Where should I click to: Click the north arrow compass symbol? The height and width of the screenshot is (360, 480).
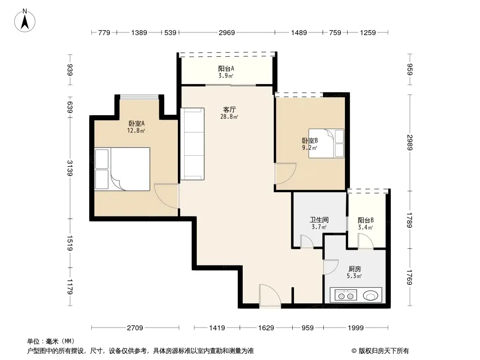[25, 21]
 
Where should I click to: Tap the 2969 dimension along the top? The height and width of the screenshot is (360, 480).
[227, 33]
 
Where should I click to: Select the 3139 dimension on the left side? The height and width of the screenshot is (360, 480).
[70, 168]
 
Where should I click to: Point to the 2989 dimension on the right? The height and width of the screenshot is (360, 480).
[410, 143]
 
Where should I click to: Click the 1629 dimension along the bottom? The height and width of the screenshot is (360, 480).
[266, 328]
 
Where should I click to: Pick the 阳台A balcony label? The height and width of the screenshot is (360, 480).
[226, 69]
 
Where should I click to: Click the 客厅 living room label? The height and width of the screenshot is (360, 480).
[230, 109]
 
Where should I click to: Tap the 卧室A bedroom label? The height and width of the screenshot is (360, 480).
[136, 124]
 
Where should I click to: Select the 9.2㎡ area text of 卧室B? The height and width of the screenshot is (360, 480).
[309, 148]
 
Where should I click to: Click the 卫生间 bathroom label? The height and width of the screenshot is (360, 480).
[319, 220]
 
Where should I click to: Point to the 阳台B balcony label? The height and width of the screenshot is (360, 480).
[366, 220]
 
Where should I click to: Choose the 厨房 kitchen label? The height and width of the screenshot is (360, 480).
[354, 269]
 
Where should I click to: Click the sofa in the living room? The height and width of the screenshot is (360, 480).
[192, 144]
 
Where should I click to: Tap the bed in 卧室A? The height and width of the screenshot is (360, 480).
[122, 169]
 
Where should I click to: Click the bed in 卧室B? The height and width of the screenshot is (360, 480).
[326, 144]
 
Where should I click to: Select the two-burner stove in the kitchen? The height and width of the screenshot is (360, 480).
[346, 296]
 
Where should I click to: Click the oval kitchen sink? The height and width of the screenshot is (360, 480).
[371, 296]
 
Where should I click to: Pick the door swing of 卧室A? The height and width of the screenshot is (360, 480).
[167, 196]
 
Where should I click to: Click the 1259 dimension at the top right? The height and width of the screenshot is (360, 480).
[367, 33]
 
